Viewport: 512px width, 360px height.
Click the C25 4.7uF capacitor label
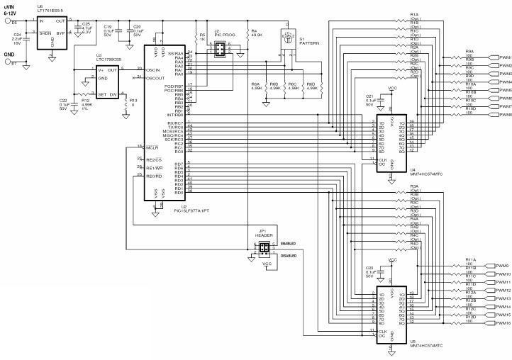coord(86,28)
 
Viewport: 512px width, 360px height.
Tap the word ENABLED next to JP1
coord(289,243)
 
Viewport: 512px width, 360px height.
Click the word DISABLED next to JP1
coord(289,255)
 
